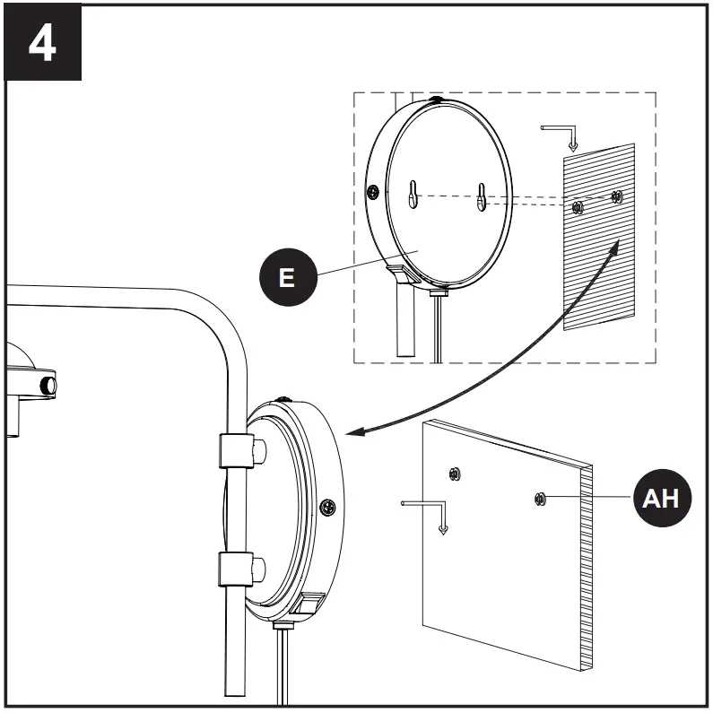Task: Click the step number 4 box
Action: tap(42, 43)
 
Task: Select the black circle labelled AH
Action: tap(663, 498)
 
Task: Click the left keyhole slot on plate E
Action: tap(413, 195)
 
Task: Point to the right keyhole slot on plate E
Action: tap(482, 196)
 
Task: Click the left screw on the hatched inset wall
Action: tap(578, 208)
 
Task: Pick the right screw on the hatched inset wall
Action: tap(616, 196)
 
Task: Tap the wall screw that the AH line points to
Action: tap(540, 498)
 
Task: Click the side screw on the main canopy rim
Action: tap(326, 508)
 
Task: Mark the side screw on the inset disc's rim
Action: tap(371, 191)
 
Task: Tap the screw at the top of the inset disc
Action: tap(436, 101)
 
